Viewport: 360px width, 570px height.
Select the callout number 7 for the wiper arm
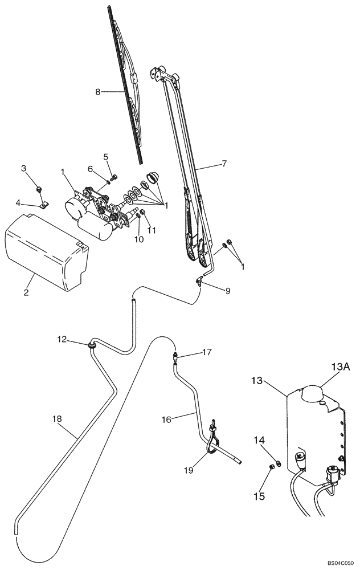(224, 164)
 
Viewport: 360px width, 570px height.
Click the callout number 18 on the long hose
(56, 420)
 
